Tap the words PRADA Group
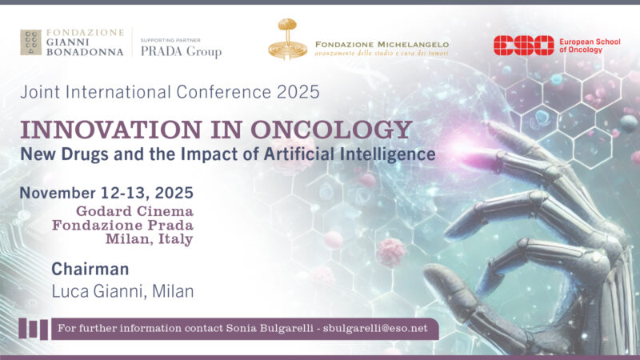click(181, 52)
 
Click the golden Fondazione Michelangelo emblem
click(286, 38)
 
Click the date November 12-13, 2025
click(107, 194)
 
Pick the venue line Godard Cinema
click(135, 211)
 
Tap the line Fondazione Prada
click(123, 225)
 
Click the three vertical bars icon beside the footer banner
click(33, 328)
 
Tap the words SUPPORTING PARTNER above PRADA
click(170, 38)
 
